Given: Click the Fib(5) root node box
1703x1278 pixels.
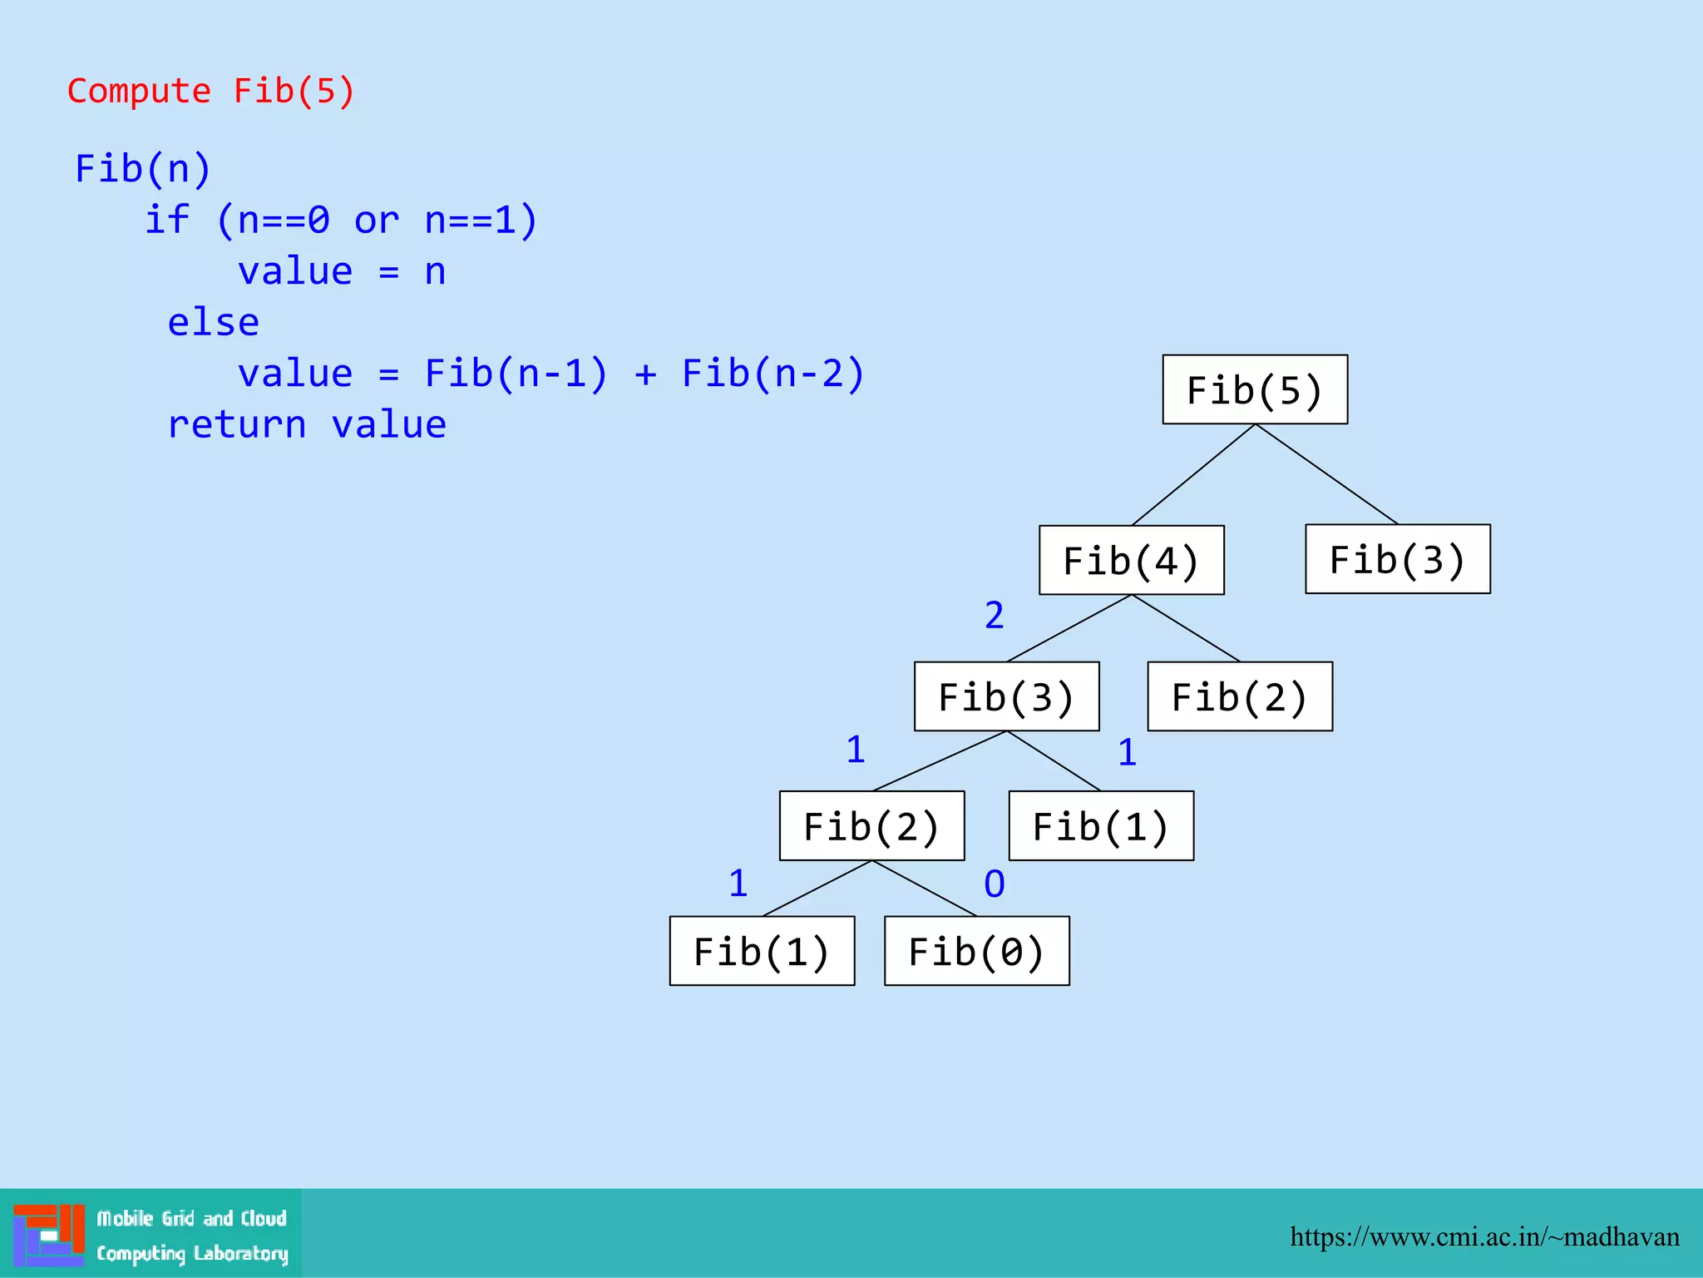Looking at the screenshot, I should coord(1255,390).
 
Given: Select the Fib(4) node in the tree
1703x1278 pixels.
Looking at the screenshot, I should coord(1131,560).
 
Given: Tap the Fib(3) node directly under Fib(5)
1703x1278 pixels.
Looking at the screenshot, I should coord(1397,559).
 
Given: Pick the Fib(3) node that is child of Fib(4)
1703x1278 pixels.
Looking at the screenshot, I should coord(1006,696).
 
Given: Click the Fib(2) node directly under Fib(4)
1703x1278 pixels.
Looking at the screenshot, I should coord(1239,696).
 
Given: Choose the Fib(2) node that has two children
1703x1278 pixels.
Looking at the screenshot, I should coord(871,826).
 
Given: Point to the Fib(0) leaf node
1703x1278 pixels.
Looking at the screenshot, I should coord(976,951).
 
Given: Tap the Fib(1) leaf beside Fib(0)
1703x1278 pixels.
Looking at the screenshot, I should coord(762,951).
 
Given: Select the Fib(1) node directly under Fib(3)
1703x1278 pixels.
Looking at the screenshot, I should coord(1101,826).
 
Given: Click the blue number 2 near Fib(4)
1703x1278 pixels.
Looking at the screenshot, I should coord(995,616).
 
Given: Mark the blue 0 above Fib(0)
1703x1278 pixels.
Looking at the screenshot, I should coord(995,884).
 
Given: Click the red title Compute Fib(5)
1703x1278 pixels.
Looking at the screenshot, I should coord(211,91).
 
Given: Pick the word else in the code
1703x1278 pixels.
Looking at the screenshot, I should coord(214,322).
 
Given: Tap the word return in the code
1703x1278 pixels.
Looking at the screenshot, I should coord(237,424).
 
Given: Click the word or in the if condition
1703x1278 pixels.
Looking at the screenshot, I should coord(377,220).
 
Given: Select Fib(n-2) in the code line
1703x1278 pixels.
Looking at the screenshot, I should coord(773,373).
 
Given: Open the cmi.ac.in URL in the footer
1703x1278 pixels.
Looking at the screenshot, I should coord(1484,1237).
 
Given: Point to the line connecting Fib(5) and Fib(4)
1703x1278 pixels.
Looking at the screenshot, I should coord(1193,475).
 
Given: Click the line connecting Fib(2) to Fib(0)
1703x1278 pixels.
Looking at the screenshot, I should coord(925,889).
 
